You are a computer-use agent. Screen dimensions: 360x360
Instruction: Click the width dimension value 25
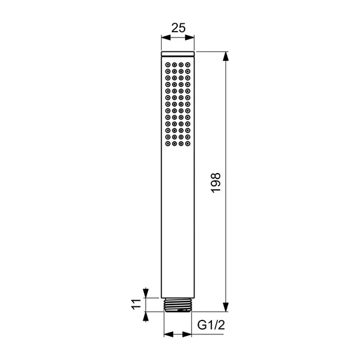point(178,27)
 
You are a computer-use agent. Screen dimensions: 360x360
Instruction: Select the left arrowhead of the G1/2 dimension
point(167,334)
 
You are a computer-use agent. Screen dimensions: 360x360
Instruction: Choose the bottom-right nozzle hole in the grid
point(187,144)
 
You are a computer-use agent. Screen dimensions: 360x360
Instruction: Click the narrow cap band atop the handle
point(178,55)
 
